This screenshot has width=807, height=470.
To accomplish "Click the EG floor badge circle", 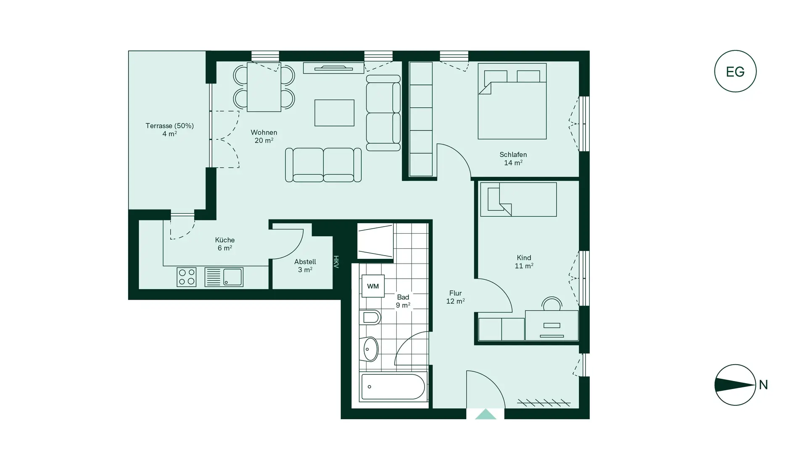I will click(x=735, y=71).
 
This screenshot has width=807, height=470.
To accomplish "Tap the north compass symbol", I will click(x=735, y=384).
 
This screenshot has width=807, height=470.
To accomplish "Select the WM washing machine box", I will click(x=373, y=286).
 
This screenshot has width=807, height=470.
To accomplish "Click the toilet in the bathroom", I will click(x=370, y=317).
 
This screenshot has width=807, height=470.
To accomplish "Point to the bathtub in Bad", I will click(x=393, y=386).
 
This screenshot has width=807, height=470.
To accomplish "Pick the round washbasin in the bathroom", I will click(x=370, y=349).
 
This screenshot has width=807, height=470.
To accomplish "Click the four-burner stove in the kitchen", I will click(x=187, y=277).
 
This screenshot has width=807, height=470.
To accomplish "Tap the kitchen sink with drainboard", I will click(x=224, y=277).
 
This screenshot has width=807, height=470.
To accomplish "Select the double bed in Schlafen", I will click(x=512, y=102).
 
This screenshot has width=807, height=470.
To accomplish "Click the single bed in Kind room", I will click(x=518, y=199).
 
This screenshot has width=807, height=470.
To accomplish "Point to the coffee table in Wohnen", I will click(x=334, y=113).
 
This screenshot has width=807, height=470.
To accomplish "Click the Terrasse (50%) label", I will click(x=169, y=126).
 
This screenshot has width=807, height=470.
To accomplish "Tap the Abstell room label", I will click(x=305, y=262).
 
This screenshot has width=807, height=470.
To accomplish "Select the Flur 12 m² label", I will click(x=455, y=297).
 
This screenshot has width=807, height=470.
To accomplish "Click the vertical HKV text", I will click(x=336, y=262).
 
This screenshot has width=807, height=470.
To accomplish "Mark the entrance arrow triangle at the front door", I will click(x=485, y=414).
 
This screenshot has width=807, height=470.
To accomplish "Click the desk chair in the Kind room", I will click(x=551, y=303).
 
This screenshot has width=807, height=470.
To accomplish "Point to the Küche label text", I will click(x=225, y=240).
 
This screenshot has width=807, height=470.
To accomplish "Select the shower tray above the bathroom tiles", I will click(x=375, y=241).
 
